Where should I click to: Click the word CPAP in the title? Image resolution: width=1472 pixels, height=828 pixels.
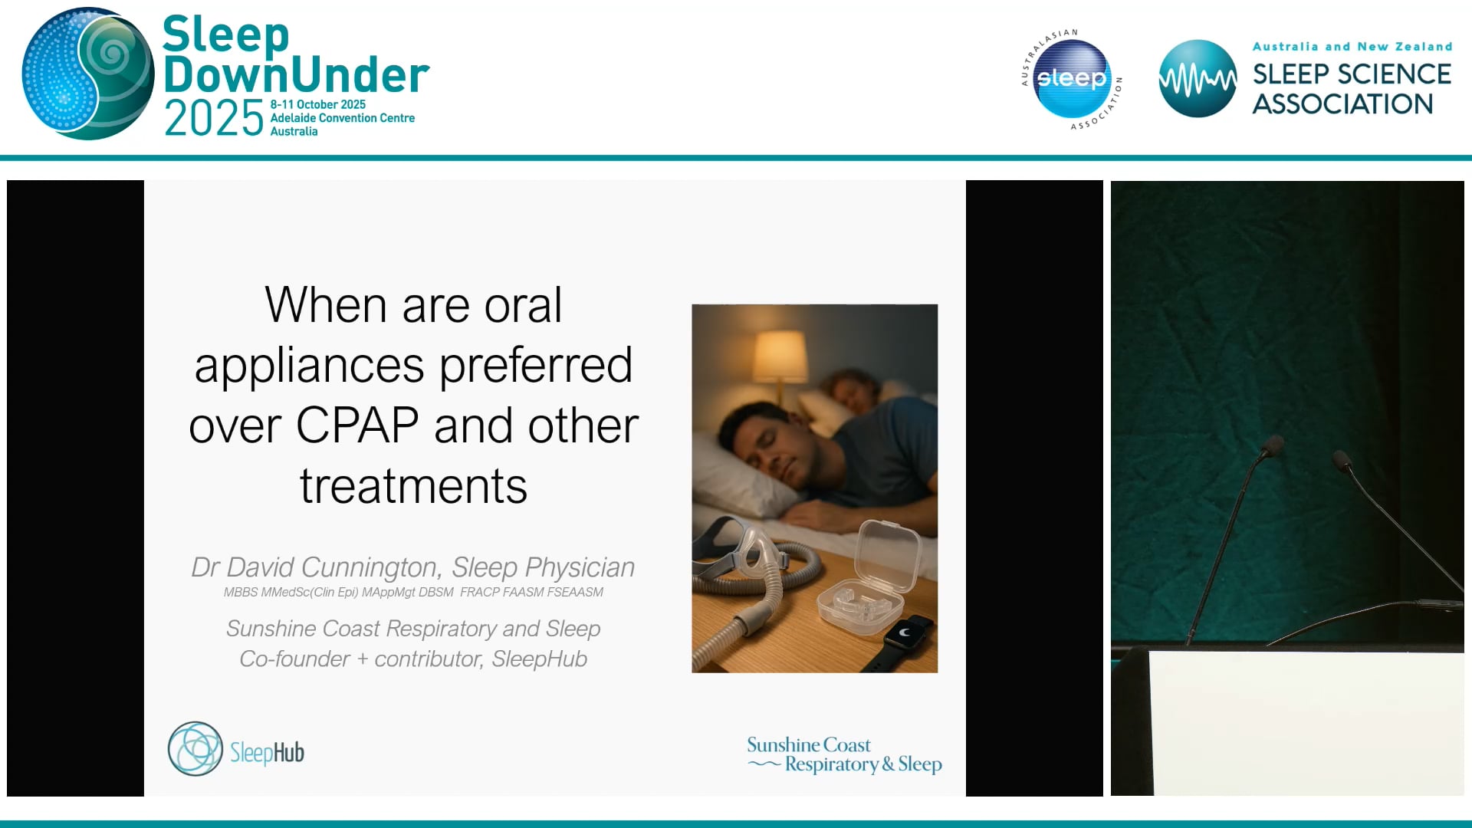point(357,426)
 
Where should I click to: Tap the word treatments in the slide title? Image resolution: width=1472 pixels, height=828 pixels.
point(413,486)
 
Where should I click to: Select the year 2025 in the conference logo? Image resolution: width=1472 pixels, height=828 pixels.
point(214,119)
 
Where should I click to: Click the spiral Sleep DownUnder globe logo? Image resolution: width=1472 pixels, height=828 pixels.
point(88,74)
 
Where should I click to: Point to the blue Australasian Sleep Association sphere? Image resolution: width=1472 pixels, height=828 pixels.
point(1071,78)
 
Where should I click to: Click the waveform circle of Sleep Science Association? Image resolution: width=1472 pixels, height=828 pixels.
point(1197,78)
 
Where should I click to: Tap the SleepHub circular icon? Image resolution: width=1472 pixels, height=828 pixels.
point(195,749)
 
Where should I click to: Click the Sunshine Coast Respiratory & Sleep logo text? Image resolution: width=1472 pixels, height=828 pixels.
point(844,755)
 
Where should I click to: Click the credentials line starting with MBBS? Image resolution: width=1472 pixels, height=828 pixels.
point(413,592)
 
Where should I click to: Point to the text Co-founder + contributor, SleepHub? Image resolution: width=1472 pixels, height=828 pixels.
point(413,659)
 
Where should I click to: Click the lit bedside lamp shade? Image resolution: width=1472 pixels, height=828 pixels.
point(780,355)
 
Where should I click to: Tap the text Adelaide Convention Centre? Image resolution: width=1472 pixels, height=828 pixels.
point(342,118)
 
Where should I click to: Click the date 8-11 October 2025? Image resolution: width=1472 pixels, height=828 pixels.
point(317,104)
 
